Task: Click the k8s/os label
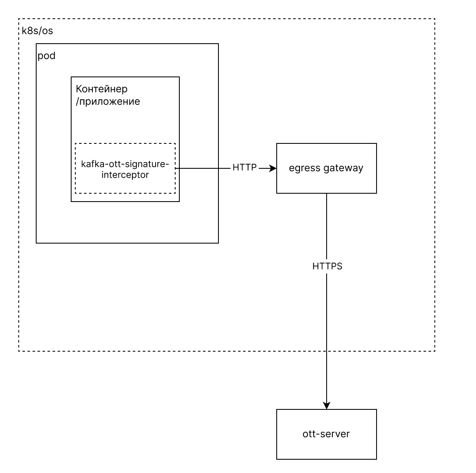(x=37, y=31)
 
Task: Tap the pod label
(x=47, y=56)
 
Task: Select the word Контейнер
(x=102, y=89)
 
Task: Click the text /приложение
(x=108, y=101)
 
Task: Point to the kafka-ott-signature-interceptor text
(x=125, y=169)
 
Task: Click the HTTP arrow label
(x=245, y=167)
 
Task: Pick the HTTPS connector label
(x=327, y=266)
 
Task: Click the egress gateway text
(x=326, y=168)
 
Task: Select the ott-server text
(x=326, y=434)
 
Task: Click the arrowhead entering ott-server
(x=327, y=406)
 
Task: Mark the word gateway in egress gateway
(x=343, y=168)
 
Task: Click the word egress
(x=305, y=169)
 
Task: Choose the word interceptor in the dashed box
(x=125, y=175)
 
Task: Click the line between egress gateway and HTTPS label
(x=327, y=226)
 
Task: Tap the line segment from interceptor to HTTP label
(x=203, y=168)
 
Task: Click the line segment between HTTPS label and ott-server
(x=327, y=338)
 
